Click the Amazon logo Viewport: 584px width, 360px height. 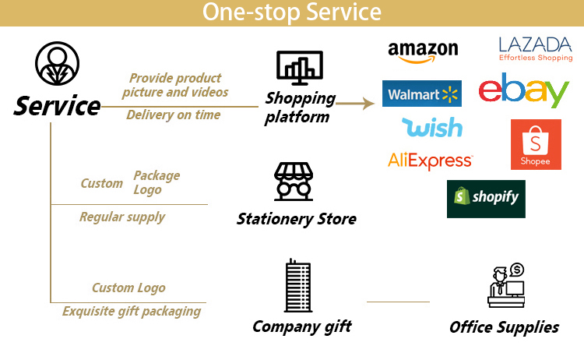coord(423,52)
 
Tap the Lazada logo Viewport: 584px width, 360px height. coord(534,48)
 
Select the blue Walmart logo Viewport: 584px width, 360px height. coord(421,94)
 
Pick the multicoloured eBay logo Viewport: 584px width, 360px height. coord(524,92)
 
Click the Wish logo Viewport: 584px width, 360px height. coord(431,126)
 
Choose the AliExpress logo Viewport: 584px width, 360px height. coord(430,160)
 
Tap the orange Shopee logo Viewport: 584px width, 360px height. coord(536,144)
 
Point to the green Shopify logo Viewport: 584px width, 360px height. coord(486,199)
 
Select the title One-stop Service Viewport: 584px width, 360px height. coord(292,12)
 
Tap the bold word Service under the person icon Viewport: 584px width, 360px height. coord(57,105)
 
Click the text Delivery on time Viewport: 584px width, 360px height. coord(173,115)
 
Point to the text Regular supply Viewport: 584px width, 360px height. coord(122,217)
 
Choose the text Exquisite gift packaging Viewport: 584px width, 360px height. coord(132,312)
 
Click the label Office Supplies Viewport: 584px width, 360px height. coord(504,327)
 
